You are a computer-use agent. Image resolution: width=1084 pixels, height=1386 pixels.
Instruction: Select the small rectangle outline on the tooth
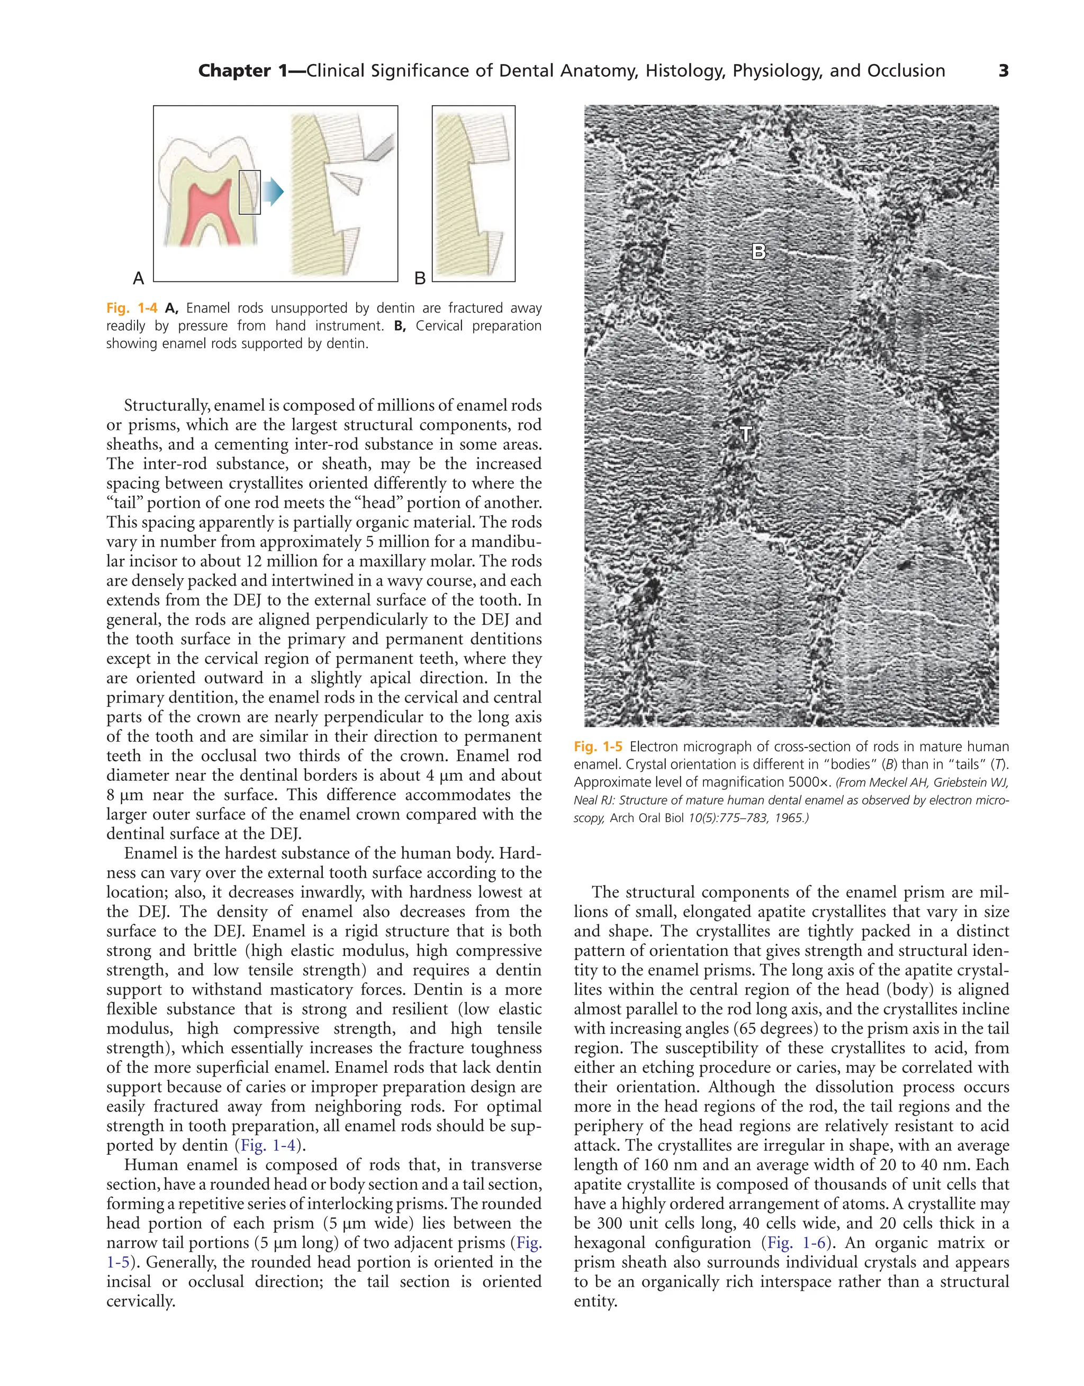pyautogui.click(x=250, y=192)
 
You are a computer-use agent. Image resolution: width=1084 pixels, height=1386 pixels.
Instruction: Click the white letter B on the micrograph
pyautogui.click(x=758, y=252)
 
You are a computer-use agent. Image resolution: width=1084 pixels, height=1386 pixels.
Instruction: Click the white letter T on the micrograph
pyautogui.click(x=746, y=435)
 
